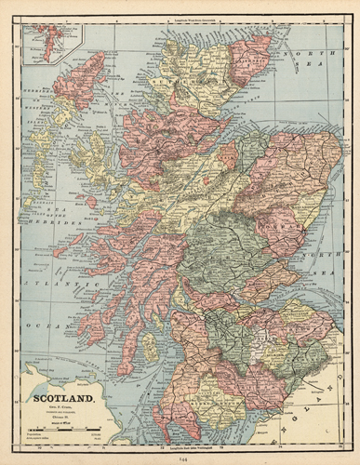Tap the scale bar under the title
[x=65, y=429]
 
